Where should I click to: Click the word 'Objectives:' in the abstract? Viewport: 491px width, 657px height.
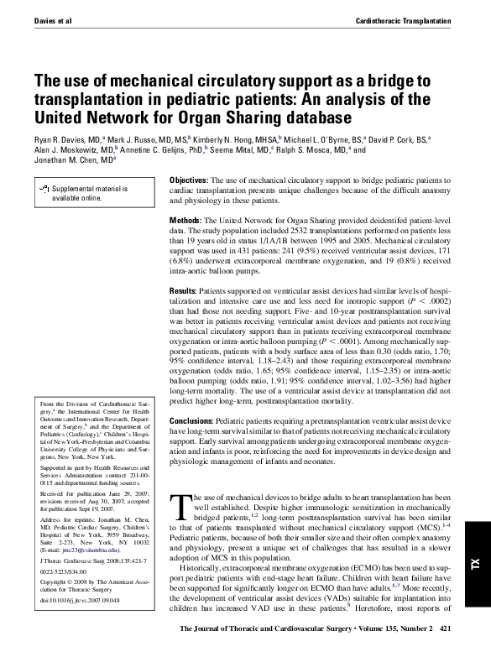(195, 180)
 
